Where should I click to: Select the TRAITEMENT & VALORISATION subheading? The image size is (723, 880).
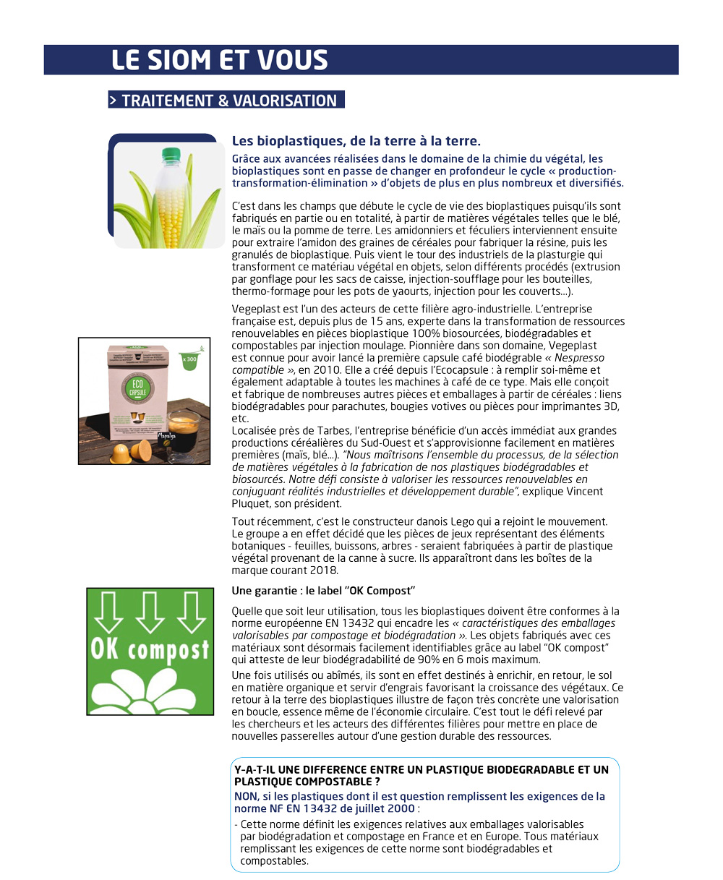[x=226, y=101]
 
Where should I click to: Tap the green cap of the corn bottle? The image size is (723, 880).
[x=171, y=155]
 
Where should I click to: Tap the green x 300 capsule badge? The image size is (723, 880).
[x=191, y=359]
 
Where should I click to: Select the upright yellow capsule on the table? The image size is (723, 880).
[x=121, y=452]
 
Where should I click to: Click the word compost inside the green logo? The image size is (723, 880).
[x=170, y=650]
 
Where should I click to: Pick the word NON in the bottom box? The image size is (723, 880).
[x=246, y=796]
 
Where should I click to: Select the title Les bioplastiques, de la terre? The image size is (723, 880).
[x=356, y=141]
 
